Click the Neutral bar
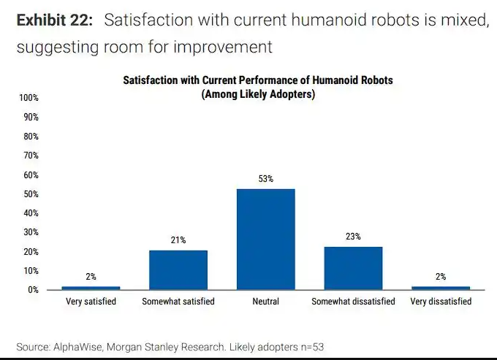tap(265, 239)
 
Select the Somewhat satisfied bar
tap(178, 269)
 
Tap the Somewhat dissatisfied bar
tap(353, 268)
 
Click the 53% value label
tap(265, 179)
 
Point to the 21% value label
tap(178, 240)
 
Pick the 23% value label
tap(353, 237)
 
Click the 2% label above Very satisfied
tap(91, 277)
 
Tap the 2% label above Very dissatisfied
tap(441, 277)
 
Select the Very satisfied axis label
tap(91, 302)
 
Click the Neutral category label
tap(265, 302)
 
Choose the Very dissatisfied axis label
tap(441, 302)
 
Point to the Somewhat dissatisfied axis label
tap(353, 302)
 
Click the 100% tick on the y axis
tap(29, 98)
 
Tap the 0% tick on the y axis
tap(32, 290)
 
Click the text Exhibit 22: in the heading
tap(55, 20)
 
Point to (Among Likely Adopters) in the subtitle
tap(258, 95)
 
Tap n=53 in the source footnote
tap(309, 347)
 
